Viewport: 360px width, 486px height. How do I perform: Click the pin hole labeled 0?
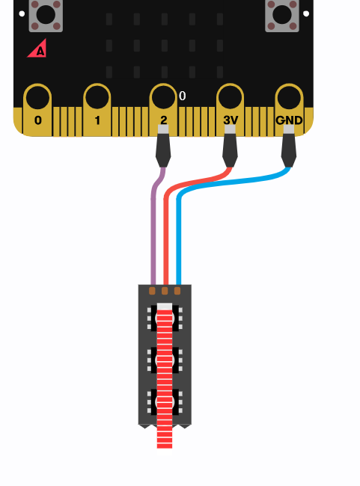point(37,98)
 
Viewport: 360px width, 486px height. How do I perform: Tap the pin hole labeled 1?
point(97,97)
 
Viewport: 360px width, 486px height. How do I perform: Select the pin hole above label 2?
point(163,97)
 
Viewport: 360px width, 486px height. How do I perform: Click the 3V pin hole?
point(230,97)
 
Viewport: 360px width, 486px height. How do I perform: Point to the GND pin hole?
point(289,97)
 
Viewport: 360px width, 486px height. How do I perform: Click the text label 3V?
point(231,120)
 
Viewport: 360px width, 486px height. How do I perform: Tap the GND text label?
point(289,120)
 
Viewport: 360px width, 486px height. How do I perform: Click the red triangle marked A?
point(37,49)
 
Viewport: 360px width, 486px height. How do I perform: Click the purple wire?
point(153,227)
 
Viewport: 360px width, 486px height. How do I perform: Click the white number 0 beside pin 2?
point(183,96)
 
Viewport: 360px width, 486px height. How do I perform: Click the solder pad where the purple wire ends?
point(152,291)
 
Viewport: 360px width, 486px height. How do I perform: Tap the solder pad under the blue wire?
point(177,291)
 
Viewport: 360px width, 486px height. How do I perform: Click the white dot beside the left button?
point(22,13)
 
